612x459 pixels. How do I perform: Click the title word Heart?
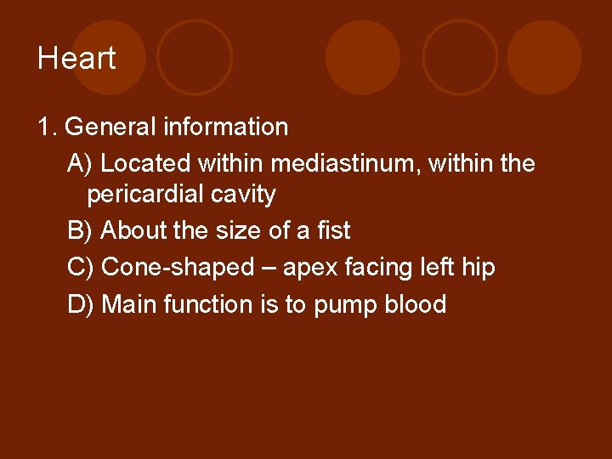(x=76, y=59)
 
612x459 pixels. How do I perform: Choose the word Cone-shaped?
(x=178, y=267)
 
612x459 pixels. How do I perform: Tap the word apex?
(x=311, y=268)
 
